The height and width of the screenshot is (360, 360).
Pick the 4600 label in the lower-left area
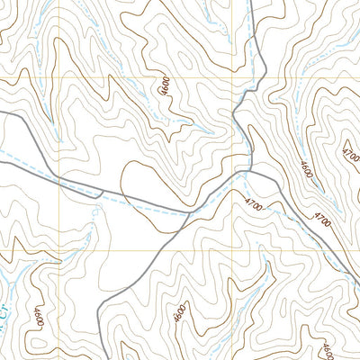click(x=37, y=316)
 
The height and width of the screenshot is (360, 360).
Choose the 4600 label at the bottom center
click(x=180, y=314)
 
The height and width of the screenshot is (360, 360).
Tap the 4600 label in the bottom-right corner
click(x=327, y=346)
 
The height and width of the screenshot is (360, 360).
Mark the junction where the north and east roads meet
click(x=248, y=168)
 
